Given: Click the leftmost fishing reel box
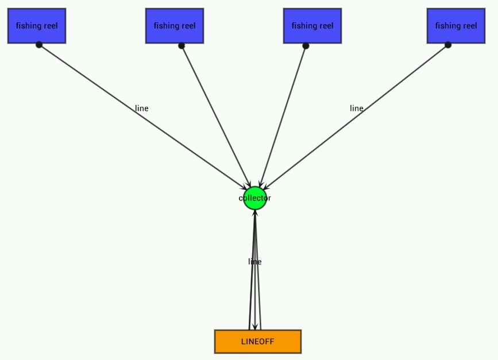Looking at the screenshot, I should pyautogui.click(x=37, y=26).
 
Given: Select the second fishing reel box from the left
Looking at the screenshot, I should pyautogui.click(x=175, y=26).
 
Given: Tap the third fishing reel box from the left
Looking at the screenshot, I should pyautogui.click(x=312, y=26).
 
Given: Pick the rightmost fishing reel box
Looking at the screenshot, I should pyautogui.click(x=456, y=26).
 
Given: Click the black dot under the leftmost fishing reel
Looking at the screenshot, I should pyautogui.click(x=39, y=45).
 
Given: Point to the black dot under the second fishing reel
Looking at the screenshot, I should pyautogui.click(x=182, y=45).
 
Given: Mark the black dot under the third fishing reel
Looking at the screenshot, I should pyautogui.click(x=306, y=45).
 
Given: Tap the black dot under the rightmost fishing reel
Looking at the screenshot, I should pyautogui.click(x=448, y=45).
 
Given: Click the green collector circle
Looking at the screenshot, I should pyautogui.click(x=255, y=198).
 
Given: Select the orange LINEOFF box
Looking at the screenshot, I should pyautogui.click(x=258, y=342).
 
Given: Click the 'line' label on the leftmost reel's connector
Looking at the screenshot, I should pyautogui.click(x=142, y=108).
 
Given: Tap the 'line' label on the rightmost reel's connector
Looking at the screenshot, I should pyautogui.click(x=357, y=108).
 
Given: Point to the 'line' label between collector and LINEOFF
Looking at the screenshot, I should pyautogui.click(x=255, y=261).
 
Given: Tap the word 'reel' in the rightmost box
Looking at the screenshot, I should pyautogui.click(x=469, y=26).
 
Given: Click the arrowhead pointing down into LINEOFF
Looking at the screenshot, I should pyautogui.click(x=255, y=327).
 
